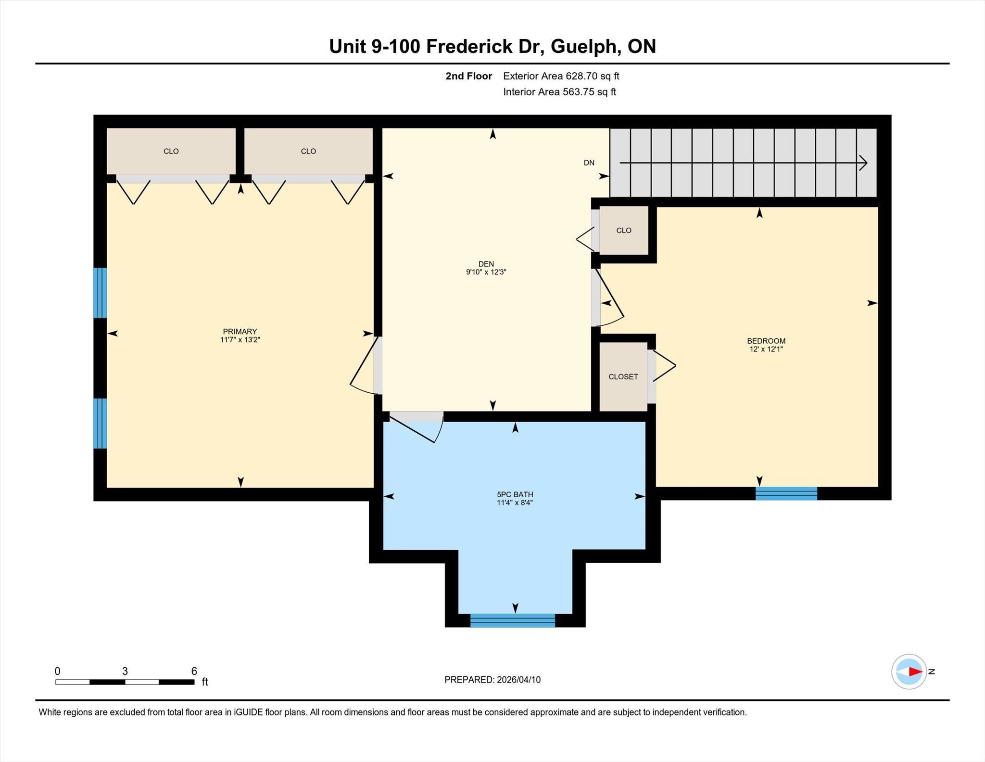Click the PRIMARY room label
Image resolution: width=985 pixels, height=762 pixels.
240,331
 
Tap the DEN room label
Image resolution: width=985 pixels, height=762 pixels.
486,264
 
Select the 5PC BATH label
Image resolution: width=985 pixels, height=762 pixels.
515,494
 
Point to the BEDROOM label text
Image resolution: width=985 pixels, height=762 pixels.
766,341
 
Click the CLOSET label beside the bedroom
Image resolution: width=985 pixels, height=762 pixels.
623,376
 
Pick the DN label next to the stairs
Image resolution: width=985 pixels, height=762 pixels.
589,163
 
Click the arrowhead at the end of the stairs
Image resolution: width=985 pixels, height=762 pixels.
863,163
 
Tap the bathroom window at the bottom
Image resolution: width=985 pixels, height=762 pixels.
513,620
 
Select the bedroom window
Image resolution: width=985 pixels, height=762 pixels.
786,493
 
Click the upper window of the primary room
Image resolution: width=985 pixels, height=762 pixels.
100,293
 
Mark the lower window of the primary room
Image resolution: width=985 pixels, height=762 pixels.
100,423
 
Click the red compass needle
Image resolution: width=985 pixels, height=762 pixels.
916,672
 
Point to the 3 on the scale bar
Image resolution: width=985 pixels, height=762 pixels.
125,671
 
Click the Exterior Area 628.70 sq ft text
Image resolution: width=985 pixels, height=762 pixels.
561,76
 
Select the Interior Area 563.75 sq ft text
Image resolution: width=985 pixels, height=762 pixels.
560,92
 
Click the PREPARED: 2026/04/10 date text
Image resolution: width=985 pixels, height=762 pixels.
492,680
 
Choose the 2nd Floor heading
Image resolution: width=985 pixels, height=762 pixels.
469,76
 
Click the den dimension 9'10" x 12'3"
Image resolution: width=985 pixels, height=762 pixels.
486,272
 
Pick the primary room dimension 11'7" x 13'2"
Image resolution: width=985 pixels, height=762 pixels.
240,339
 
